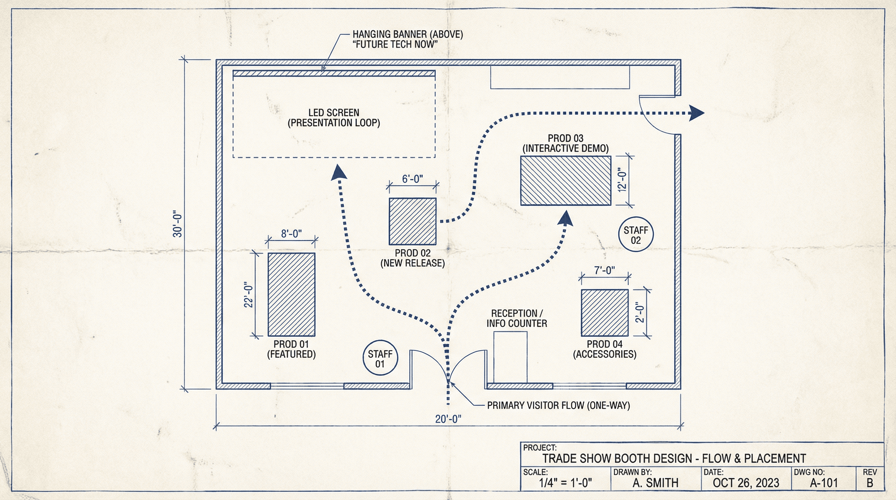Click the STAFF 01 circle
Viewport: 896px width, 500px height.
[x=380, y=358]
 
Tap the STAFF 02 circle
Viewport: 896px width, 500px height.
[x=636, y=234]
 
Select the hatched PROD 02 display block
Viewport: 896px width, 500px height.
[x=413, y=221]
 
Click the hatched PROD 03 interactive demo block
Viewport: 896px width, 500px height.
[x=566, y=180]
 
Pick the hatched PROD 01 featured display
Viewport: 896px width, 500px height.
[x=291, y=295]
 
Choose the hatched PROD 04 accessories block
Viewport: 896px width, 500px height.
[x=605, y=312]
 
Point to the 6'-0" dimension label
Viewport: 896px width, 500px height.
[x=413, y=179]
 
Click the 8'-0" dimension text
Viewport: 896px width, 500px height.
[x=291, y=234]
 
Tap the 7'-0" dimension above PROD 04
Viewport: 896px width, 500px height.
[x=605, y=270]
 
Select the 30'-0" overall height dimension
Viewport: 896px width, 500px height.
[x=177, y=224]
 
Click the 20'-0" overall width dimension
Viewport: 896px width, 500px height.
[x=448, y=419]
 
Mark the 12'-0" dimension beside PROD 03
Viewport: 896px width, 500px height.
[x=622, y=180]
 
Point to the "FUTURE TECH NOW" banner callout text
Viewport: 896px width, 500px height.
[x=395, y=45]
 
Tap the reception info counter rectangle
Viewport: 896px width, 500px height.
[x=510, y=357]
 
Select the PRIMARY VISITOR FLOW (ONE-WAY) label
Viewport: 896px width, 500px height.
[x=558, y=405]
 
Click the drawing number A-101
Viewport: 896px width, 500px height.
[x=824, y=483]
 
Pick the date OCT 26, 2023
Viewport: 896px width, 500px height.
[x=746, y=483]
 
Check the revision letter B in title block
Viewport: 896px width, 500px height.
[x=870, y=483]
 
